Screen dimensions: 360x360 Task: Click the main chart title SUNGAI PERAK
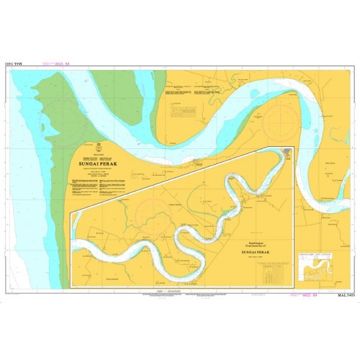pos(99,163)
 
